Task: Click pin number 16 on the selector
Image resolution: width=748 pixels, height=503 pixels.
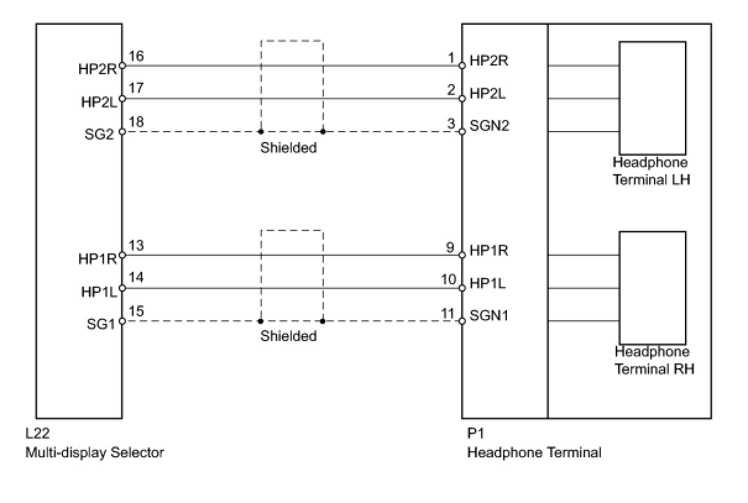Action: (137, 57)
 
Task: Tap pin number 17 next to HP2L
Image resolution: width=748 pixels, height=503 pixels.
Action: (137, 88)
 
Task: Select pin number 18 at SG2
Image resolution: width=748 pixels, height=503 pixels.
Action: (137, 122)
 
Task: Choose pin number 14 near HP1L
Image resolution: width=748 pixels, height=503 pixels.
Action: (137, 278)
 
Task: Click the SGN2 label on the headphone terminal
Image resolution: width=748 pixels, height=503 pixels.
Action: (490, 127)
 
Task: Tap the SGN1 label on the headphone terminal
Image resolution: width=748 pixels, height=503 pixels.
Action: (489, 316)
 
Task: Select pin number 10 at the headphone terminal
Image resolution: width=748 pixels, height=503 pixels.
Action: (448, 280)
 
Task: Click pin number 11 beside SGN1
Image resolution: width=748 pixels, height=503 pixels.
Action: (448, 313)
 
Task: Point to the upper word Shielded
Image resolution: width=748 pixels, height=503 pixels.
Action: (288, 148)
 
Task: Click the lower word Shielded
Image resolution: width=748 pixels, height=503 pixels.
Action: (288, 336)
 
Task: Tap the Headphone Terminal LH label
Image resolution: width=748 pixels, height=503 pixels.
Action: (651, 171)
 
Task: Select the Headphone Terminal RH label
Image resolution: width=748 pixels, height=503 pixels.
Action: (653, 360)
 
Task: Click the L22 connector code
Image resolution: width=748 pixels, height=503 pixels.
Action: (36, 434)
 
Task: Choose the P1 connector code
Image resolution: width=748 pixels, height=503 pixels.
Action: (475, 434)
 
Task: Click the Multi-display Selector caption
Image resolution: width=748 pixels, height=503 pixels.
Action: (95, 452)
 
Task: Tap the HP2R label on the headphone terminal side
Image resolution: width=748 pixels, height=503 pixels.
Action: (490, 61)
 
